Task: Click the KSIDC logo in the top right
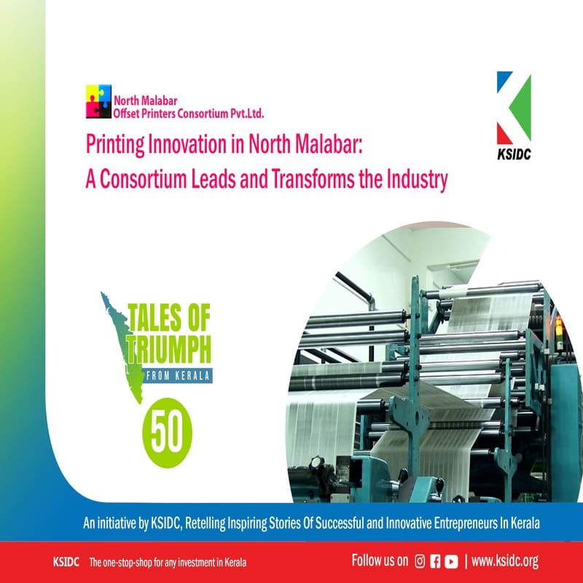[x=514, y=116]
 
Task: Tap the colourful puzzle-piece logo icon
[x=98, y=101]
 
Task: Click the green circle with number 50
[x=168, y=433]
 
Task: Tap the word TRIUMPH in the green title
[x=169, y=350]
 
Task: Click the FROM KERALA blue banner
[x=178, y=375]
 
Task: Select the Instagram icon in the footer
[x=420, y=561]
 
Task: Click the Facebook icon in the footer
[x=435, y=561]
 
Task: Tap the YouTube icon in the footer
[x=451, y=561]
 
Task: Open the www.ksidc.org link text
[x=504, y=561]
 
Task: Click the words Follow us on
[x=380, y=560]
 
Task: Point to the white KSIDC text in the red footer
[x=66, y=562]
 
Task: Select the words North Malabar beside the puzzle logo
[x=145, y=101]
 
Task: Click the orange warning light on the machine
[x=558, y=326]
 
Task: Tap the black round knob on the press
[x=316, y=462]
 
